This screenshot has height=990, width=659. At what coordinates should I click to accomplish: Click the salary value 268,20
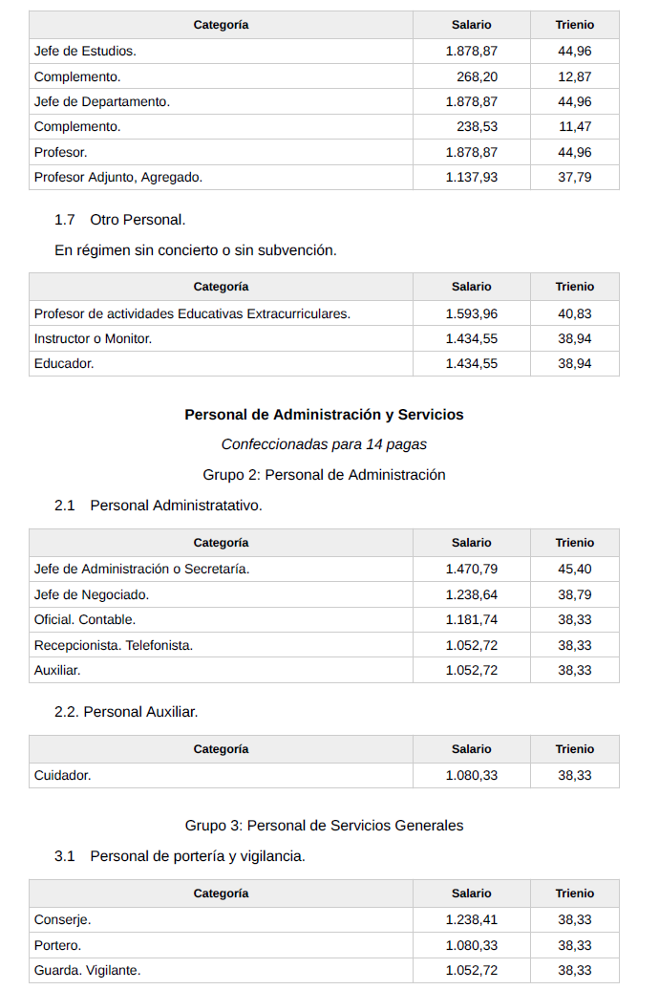[477, 76]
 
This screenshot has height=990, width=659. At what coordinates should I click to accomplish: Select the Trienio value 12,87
[574, 76]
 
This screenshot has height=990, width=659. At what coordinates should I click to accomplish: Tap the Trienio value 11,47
[574, 126]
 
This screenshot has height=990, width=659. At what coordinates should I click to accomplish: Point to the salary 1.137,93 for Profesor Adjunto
[471, 177]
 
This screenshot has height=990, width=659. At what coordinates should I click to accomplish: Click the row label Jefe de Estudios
[85, 51]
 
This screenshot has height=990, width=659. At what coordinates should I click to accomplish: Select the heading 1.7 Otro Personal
[119, 220]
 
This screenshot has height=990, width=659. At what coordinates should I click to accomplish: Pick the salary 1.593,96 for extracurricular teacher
[471, 313]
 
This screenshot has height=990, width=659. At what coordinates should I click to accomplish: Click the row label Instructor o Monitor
[93, 338]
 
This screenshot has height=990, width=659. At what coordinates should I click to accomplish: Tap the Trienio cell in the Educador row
[574, 363]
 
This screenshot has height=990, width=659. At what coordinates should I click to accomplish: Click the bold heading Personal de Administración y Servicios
[324, 415]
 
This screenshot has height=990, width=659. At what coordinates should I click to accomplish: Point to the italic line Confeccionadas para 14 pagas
[324, 444]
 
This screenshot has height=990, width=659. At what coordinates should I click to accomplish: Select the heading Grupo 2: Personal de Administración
[324, 475]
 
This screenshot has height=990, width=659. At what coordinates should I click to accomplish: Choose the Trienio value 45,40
[574, 569]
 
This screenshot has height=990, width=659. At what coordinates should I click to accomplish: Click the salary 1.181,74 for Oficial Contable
[471, 619]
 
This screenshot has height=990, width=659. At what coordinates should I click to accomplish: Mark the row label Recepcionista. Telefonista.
[113, 645]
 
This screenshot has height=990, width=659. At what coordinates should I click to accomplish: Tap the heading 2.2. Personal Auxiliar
[126, 712]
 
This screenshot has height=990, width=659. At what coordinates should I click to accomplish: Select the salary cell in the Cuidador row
[471, 775]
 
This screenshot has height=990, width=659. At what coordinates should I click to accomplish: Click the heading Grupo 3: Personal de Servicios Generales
[324, 826]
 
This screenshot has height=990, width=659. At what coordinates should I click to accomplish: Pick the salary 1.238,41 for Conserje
[471, 919]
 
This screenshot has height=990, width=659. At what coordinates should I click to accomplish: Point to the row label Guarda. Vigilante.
[87, 970]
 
